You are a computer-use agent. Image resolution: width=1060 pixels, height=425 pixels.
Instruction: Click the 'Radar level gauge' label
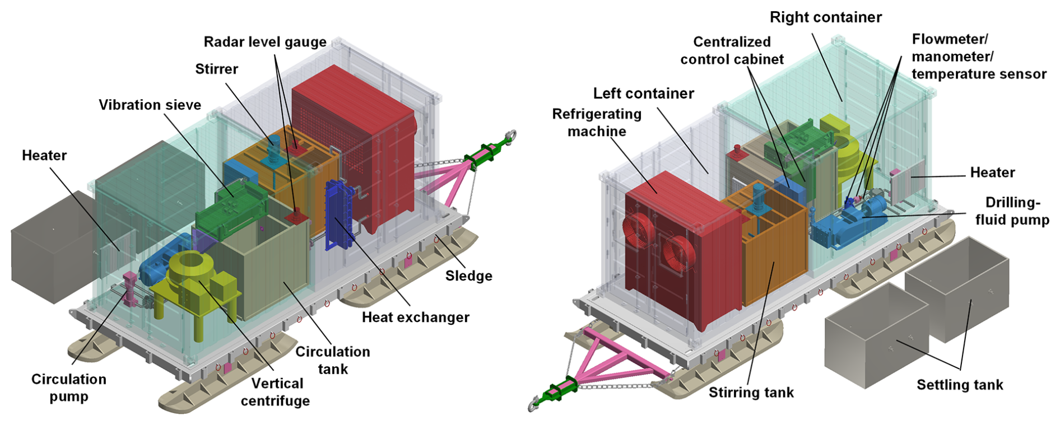pyautogui.click(x=264, y=42)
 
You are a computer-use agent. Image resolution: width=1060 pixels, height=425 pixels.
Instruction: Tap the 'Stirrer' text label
pyautogui.click(x=216, y=69)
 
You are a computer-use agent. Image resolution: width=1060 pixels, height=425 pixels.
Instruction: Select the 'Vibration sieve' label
pyautogui.click(x=150, y=105)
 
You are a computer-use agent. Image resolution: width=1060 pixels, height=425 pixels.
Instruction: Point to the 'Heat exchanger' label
pyautogui.click(x=415, y=317)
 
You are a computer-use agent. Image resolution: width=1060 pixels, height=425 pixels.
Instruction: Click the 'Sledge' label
pyautogui.click(x=468, y=275)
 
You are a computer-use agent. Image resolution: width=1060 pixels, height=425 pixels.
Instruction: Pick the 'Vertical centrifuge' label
pyautogui.click(x=276, y=392)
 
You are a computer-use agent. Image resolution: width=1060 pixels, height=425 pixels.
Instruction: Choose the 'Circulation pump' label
pyautogui.click(x=68, y=387)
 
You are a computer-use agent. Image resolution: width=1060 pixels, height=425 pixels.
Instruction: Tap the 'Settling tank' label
pyautogui.click(x=959, y=385)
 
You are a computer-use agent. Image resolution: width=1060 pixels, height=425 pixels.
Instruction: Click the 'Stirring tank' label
pyautogui.click(x=751, y=392)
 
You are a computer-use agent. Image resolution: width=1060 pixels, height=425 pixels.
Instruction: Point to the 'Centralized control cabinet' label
pyautogui.click(x=732, y=50)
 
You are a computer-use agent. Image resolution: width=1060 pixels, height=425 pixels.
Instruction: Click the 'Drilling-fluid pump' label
pyautogui.click(x=1012, y=211)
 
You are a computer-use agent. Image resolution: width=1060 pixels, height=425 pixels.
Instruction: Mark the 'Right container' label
pyautogui.click(x=825, y=17)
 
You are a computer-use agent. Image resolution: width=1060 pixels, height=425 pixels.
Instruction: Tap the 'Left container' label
pyautogui.click(x=643, y=93)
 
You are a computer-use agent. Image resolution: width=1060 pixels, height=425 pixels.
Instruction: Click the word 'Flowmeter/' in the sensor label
pyautogui.click(x=950, y=39)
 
